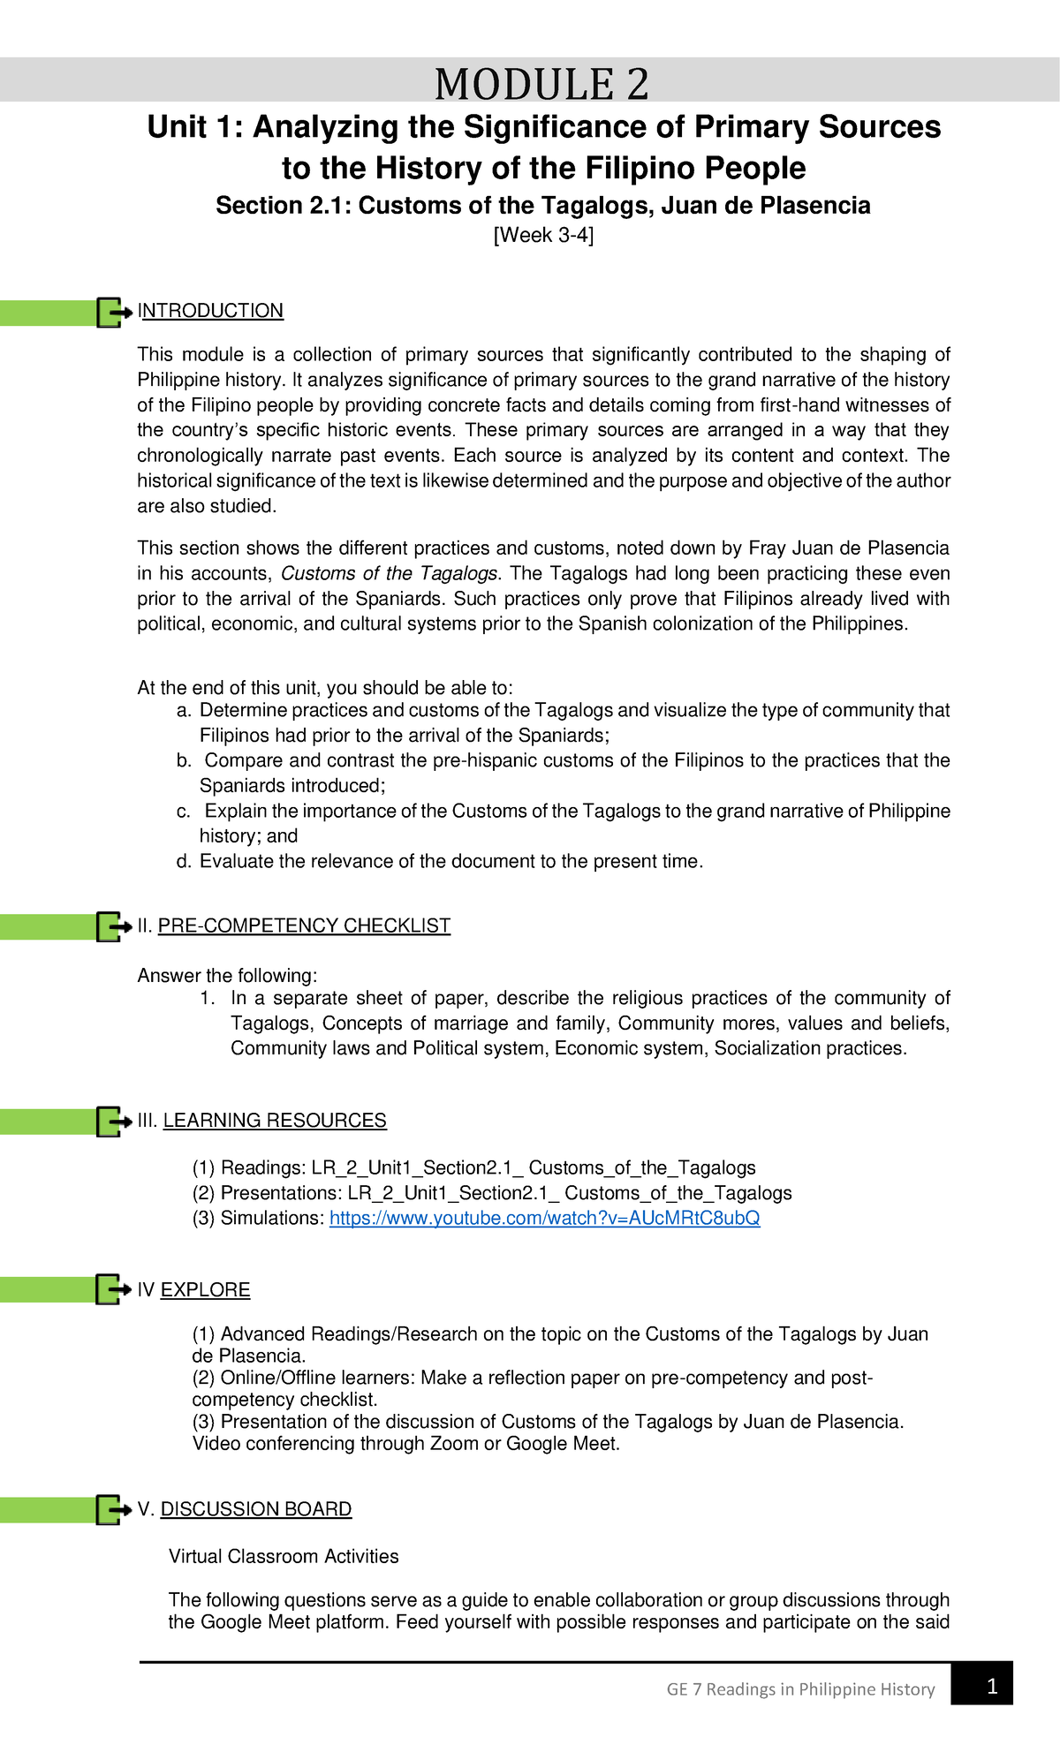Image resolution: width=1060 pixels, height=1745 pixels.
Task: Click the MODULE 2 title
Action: pyautogui.click(x=541, y=85)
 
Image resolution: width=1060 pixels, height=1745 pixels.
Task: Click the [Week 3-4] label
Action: pyautogui.click(x=543, y=235)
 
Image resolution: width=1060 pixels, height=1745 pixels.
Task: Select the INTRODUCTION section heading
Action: pyautogui.click(x=210, y=311)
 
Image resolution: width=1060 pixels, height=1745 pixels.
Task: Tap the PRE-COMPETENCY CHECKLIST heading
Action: pyautogui.click(x=304, y=925)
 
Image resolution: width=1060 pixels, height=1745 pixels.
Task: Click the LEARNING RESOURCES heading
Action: pyautogui.click(x=275, y=1121)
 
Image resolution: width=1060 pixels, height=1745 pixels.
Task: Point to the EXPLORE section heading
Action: pyautogui.click(x=205, y=1290)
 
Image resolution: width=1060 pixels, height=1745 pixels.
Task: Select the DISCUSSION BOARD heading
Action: pyautogui.click(x=255, y=1509)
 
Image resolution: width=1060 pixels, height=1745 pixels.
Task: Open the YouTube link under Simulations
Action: pyautogui.click(x=544, y=1219)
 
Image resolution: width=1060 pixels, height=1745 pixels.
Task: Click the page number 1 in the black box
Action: pyautogui.click(x=992, y=1688)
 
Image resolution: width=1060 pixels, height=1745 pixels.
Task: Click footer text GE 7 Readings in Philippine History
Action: pyautogui.click(x=800, y=1689)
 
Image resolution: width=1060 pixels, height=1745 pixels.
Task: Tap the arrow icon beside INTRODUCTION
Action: pyautogui.click(x=113, y=313)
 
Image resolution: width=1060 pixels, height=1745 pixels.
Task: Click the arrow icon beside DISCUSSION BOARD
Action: pyautogui.click(x=113, y=1510)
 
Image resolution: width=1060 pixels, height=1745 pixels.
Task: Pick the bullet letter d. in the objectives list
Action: pyautogui.click(x=184, y=862)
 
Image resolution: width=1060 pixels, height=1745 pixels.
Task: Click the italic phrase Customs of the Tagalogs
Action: pyautogui.click(x=390, y=574)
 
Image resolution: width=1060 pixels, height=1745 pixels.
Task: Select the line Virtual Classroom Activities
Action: pyautogui.click(x=284, y=1557)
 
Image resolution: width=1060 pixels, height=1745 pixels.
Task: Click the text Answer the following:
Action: pyautogui.click(x=227, y=976)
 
